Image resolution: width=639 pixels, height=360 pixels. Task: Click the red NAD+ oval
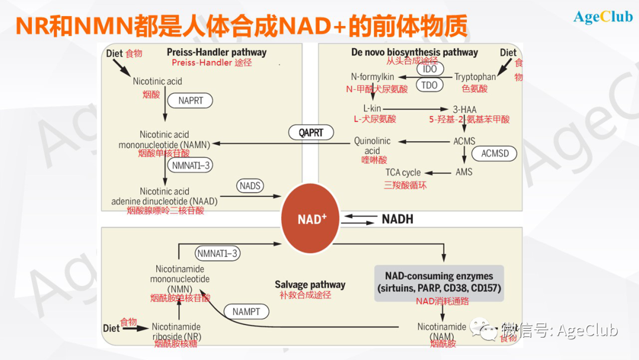coord(312,219)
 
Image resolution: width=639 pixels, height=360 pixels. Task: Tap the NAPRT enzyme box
coord(190,101)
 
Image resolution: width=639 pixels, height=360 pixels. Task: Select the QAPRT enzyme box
coord(311,133)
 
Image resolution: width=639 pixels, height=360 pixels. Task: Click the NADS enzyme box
coord(250,186)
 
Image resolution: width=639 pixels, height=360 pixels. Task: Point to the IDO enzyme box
coord(430,69)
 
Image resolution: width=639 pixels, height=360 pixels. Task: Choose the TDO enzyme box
coord(430,85)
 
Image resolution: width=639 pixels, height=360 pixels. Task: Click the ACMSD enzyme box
coord(495,154)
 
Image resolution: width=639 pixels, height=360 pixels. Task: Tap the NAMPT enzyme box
coord(246,311)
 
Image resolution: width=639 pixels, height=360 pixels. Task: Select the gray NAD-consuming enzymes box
coord(439,283)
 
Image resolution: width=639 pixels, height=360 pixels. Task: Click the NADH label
coord(397,219)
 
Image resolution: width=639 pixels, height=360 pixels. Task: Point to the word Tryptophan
coord(475,77)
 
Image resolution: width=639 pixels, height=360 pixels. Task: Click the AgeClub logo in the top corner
coord(603,17)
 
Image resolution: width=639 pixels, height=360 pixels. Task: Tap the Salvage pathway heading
coord(309,285)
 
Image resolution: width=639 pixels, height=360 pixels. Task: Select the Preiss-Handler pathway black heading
coord(217,52)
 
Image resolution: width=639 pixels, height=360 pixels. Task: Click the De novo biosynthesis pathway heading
coord(414,52)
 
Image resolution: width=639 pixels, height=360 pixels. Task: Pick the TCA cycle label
coord(403,173)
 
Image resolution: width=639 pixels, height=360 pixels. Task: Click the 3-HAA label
coord(464,109)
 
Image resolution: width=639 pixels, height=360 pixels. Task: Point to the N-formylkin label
coord(372,77)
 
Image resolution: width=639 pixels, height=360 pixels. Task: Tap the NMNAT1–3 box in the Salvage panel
coord(218,254)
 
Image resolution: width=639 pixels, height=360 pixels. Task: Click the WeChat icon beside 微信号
coord(487,330)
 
